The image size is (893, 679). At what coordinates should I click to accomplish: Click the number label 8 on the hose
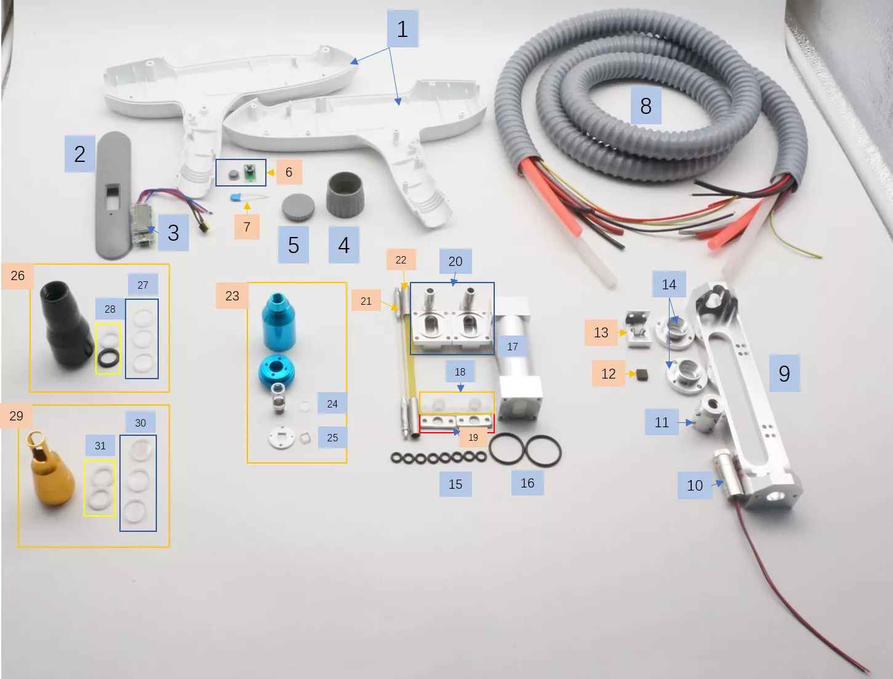click(x=646, y=106)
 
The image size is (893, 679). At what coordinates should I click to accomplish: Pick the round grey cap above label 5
click(x=298, y=207)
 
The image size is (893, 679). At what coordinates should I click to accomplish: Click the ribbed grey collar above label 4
click(x=345, y=195)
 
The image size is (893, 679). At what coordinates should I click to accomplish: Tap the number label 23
click(x=232, y=295)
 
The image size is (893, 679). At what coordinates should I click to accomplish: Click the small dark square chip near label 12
click(x=642, y=374)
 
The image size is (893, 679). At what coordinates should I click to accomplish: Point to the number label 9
click(x=784, y=373)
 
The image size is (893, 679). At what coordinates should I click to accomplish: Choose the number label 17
click(x=513, y=347)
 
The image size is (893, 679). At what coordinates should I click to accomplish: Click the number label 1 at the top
click(x=402, y=29)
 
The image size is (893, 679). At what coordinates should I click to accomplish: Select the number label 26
click(x=18, y=275)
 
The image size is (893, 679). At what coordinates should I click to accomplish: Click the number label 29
click(x=17, y=416)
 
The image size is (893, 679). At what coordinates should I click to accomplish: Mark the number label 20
click(x=455, y=261)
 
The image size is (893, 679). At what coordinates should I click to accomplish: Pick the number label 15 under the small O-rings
click(x=455, y=484)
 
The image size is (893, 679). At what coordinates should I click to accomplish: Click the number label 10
click(x=695, y=485)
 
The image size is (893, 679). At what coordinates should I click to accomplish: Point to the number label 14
click(x=669, y=284)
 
